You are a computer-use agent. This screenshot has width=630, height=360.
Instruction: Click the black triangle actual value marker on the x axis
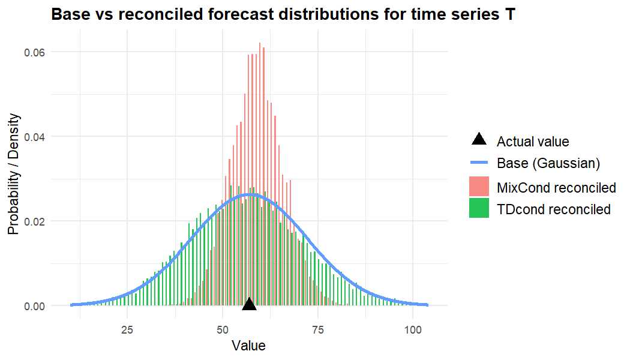coord(250,305)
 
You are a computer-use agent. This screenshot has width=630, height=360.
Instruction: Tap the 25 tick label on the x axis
coord(127,329)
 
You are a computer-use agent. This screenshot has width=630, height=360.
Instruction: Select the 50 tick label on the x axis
coord(222,329)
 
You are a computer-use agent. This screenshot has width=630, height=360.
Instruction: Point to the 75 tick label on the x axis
coord(317,329)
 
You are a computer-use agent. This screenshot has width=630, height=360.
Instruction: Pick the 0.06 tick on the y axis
coord(34,52)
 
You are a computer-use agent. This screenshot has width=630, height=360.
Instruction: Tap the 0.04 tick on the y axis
coord(34,137)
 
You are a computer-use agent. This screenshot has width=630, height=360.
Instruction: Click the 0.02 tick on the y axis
coord(34,221)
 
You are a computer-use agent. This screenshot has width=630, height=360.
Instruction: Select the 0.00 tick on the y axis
coord(34,306)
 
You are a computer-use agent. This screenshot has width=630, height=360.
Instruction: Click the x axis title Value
coord(248,346)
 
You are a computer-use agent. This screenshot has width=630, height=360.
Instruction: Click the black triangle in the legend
coord(479,140)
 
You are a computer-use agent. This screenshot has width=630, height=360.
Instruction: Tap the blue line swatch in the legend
coord(479,163)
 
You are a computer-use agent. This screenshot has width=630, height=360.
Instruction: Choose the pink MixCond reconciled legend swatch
coord(479,187)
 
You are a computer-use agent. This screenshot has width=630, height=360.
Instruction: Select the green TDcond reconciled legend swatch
coord(479,209)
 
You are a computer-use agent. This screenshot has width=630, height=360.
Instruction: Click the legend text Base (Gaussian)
coord(548,163)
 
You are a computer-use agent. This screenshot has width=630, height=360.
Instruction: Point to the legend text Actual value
coord(533,142)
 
